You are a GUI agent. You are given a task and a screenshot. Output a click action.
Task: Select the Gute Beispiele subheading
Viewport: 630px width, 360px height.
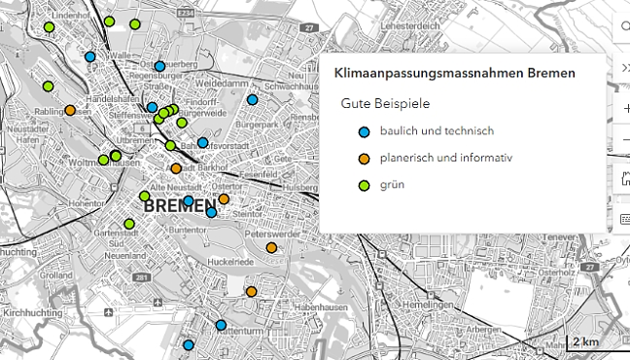pos(385,103)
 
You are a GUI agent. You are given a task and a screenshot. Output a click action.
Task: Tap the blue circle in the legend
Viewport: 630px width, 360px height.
pos(364,131)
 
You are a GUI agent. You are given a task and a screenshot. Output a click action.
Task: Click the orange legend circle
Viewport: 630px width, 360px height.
pos(364,158)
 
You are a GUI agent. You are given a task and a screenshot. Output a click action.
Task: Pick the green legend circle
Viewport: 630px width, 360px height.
pos(364,184)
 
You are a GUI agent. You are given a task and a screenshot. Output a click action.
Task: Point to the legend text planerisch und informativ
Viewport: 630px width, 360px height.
pos(444,158)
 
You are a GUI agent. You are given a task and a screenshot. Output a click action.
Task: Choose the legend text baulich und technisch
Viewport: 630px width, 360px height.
pos(437,131)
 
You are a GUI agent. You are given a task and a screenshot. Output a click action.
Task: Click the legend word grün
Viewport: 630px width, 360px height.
pos(393,184)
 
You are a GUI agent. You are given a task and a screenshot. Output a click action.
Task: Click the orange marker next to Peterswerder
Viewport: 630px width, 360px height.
pos(271,247)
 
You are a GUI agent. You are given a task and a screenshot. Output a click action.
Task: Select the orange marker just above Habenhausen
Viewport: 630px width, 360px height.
pos(251,291)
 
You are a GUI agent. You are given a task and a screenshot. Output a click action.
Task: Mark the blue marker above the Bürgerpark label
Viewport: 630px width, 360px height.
pos(252,99)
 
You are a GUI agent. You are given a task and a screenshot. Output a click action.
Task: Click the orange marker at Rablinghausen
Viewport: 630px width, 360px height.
pos(70,110)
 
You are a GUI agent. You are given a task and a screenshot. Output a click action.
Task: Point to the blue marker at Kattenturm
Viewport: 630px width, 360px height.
pos(221,325)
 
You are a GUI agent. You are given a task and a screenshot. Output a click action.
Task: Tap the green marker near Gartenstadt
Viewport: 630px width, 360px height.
pos(129,224)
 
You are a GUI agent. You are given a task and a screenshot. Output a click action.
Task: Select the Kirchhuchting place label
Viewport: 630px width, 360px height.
pos(33,313)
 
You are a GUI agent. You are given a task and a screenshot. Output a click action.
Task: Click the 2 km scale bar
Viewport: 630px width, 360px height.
pos(585,342)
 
